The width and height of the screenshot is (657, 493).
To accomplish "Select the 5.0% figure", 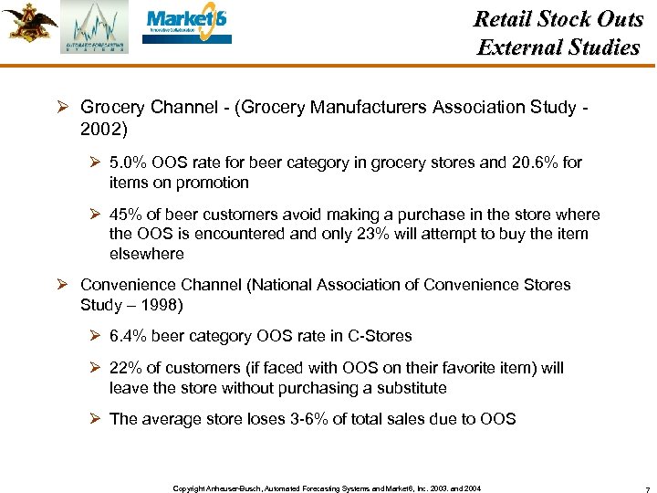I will pyautogui.click(x=129, y=163).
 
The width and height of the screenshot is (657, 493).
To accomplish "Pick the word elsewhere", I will pyautogui.click(x=146, y=254).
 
